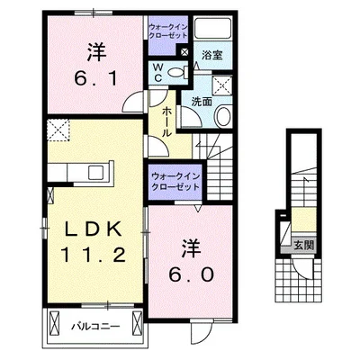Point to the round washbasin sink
225,115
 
